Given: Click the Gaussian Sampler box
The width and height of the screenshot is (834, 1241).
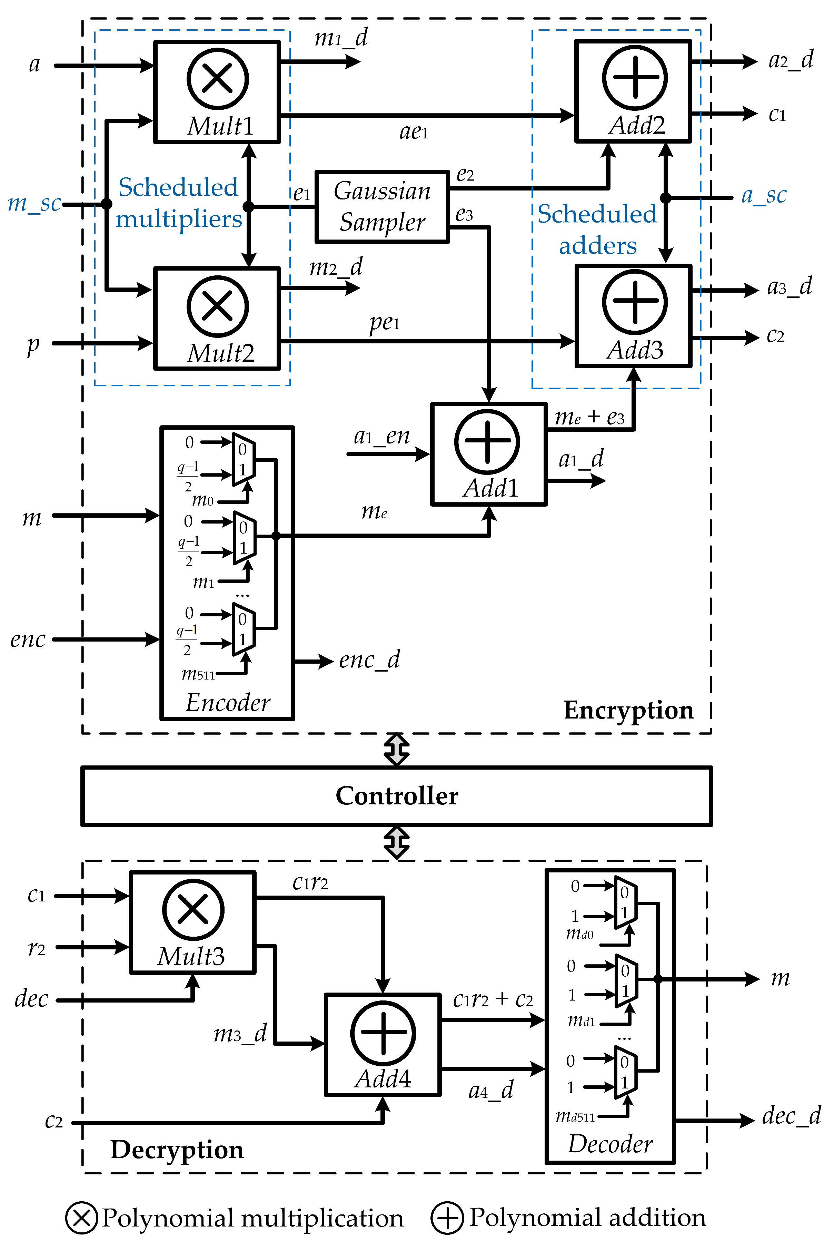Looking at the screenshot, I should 382,206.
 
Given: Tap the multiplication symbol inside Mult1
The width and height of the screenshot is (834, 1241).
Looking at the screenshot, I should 218,79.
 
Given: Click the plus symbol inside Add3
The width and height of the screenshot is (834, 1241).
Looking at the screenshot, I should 635,302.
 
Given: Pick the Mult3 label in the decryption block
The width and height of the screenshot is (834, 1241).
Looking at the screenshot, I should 191,956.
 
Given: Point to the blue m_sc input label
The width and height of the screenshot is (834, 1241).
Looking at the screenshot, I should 34,203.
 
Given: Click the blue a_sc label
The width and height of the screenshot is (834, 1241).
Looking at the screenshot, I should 763,195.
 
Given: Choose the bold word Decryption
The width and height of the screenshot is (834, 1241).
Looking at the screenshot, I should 177,1150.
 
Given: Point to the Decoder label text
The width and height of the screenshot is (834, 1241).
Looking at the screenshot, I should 610,1144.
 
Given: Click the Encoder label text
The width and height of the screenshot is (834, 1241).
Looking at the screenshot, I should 228,702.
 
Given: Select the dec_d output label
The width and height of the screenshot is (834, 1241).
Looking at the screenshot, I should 791,1115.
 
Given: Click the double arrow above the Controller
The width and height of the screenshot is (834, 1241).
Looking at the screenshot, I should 397,749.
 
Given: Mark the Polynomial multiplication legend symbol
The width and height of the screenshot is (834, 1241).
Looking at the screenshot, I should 81,1218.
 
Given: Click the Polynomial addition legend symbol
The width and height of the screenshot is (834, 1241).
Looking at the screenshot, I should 447,1218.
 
